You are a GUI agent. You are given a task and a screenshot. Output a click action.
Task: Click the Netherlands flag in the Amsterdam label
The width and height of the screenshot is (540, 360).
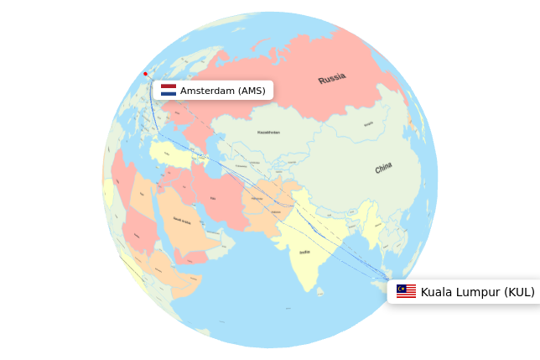click(x=169, y=90)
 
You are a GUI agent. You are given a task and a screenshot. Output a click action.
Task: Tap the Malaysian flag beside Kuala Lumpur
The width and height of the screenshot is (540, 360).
click(x=406, y=291)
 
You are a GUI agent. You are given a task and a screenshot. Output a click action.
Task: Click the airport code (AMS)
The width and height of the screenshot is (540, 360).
click(x=252, y=91)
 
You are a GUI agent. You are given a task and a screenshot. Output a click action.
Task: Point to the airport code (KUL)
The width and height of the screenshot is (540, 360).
click(x=518, y=292)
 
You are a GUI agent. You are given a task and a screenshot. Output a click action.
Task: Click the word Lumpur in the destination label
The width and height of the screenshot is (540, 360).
click(x=479, y=292)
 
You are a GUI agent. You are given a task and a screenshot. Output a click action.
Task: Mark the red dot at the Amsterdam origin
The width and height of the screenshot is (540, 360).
click(x=145, y=74)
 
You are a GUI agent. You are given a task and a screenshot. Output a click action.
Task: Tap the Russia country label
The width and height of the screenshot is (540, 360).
click(x=332, y=79)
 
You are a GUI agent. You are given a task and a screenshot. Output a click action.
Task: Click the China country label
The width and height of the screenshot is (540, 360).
click(x=383, y=168)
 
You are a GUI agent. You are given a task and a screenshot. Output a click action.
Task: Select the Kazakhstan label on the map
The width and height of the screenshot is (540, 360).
click(x=268, y=132)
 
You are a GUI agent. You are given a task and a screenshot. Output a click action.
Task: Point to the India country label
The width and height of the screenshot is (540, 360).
click(x=304, y=252)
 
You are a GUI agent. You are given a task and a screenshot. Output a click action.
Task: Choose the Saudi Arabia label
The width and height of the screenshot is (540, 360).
click(x=181, y=220)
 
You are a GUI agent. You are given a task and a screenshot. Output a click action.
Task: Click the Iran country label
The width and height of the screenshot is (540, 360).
click(x=213, y=198)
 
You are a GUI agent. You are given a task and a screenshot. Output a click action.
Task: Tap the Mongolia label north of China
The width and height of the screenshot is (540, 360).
click(x=369, y=123)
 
